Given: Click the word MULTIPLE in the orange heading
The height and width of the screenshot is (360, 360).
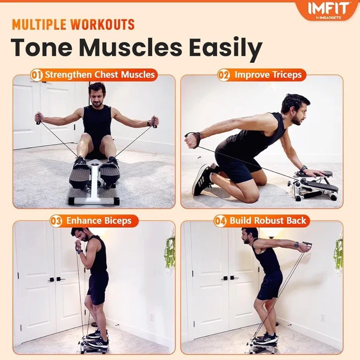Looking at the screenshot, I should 39,25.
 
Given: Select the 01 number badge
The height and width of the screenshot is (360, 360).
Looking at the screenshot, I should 37,75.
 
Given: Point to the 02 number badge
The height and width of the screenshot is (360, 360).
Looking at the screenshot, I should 223,75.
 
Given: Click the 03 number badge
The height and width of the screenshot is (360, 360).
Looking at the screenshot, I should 56,221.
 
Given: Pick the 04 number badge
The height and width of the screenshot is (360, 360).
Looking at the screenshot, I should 220,221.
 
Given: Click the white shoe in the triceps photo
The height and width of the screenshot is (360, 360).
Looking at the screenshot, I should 203,180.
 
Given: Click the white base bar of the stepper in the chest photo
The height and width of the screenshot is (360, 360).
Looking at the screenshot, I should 93,201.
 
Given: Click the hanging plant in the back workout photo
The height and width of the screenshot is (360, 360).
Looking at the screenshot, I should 338,254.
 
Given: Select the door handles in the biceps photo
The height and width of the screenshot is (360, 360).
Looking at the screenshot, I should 56,279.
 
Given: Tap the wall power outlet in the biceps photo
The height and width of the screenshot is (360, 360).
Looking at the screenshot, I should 152,317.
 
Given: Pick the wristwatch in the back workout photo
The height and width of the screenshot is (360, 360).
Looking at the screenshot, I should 297,244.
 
